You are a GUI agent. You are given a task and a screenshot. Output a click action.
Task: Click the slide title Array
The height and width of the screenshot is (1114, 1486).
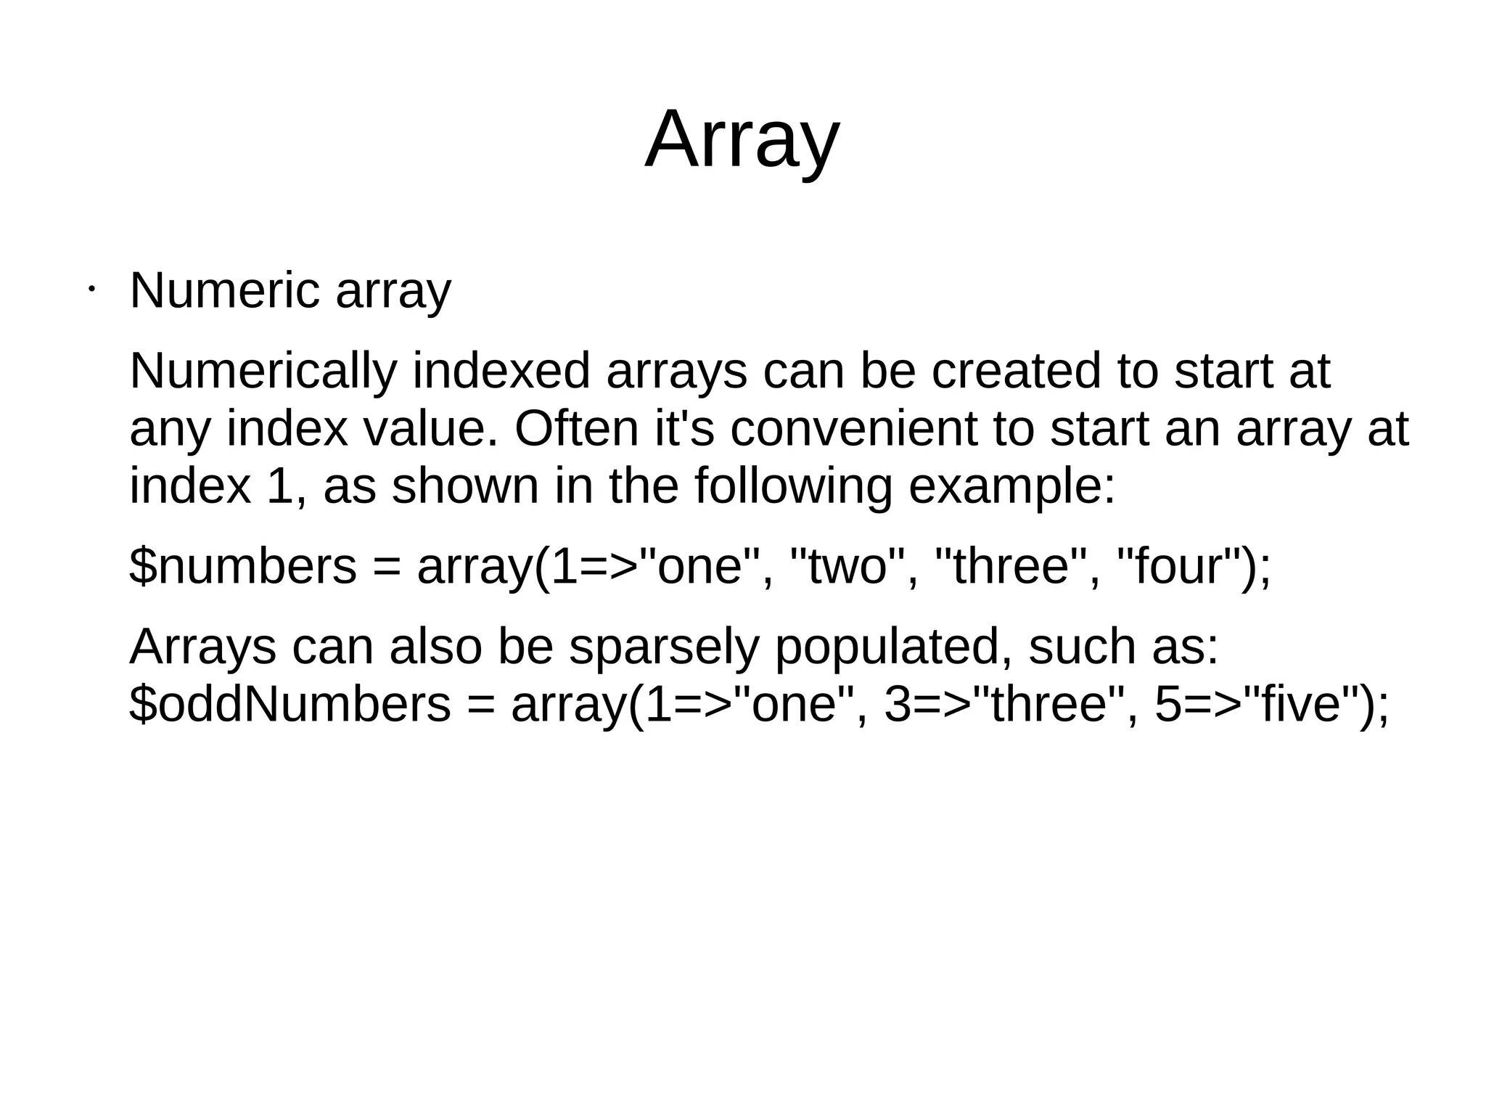[742, 139]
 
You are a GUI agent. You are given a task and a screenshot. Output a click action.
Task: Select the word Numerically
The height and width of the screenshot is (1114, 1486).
[263, 371]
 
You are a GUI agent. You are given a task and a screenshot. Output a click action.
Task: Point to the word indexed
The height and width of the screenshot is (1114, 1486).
[501, 371]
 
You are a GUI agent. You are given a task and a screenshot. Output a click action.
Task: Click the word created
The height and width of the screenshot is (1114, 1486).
[1016, 371]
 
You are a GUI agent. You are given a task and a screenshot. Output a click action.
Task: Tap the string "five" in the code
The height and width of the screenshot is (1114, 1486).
[1291, 704]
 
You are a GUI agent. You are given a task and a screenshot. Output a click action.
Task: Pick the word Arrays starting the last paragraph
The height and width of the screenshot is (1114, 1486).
[202, 647]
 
